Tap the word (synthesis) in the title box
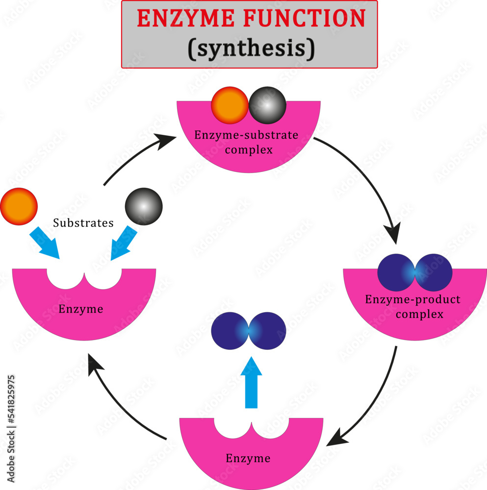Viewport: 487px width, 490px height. tap(250, 49)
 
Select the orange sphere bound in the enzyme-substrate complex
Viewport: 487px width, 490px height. tap(230, 105)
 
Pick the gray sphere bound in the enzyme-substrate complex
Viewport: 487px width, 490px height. tap(267, 105)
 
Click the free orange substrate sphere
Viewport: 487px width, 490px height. tap(19, 206)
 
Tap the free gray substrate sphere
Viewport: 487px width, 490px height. tap(143, 206)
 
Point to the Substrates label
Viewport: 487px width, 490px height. tap(83, 223)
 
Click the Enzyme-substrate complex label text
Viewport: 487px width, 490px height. tap(246, 142)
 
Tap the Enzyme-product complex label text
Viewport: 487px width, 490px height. tap(413, 306)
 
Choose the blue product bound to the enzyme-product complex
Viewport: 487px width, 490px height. tap(415, 272)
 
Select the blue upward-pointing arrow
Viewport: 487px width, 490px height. tap(252, 382)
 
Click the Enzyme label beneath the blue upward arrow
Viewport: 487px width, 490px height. tap(248, 459)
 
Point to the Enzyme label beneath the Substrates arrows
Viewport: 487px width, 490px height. tap(81, 309)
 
